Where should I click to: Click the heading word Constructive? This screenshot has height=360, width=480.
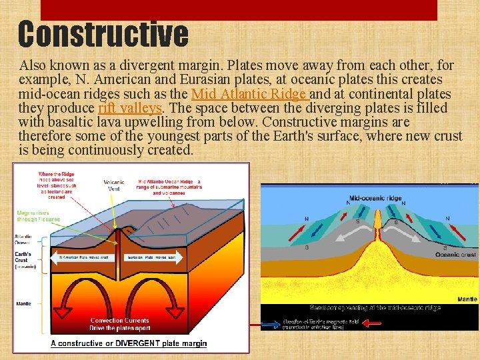click(x=103, y=33)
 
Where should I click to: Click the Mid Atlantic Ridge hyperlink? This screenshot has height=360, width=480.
click(x=248, y=94)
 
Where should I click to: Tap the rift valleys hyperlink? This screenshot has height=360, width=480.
click(x=130, y=108)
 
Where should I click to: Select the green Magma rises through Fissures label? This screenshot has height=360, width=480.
click(x=39, y=215)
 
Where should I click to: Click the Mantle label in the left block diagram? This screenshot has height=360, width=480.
click(x=24, y=303)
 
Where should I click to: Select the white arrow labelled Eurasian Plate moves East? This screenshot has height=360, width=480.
click(x=152, y=257)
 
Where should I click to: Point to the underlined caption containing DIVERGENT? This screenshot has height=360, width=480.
click(x=129, y=344)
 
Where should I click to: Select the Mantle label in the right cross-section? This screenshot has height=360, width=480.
click(x=467, y=299)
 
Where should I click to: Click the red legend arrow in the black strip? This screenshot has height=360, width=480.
click(x=372, y=323)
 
